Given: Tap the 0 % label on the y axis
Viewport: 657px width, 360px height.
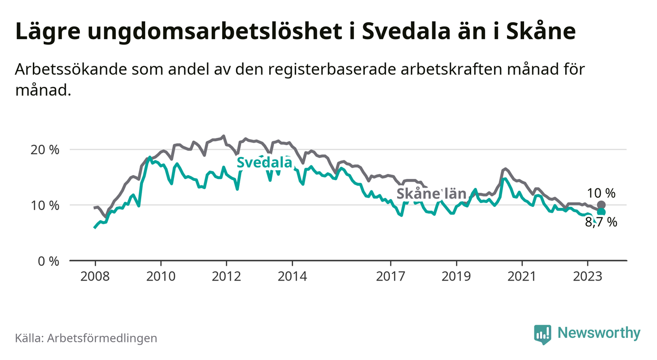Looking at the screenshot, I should tap(50, 261).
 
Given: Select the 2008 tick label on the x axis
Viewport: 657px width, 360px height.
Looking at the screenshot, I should tap(95, 276).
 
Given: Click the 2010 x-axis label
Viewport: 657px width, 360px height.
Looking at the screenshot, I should tap(161, 276).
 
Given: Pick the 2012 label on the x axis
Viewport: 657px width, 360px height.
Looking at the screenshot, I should tap(226, 276).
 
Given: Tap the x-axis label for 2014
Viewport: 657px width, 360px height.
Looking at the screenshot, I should tap(292, 276).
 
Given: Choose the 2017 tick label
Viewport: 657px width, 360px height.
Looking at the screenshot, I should tap(390, 276).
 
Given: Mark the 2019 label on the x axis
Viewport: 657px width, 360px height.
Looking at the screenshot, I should tap(456, 276).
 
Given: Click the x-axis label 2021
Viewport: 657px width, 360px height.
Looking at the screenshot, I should tap(521, 276).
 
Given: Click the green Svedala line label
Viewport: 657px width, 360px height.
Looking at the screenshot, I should tap(264, 163).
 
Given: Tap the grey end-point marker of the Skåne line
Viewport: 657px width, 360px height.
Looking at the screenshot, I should tap(601, 205).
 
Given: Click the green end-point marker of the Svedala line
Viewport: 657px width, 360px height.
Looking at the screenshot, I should tap(601, 212).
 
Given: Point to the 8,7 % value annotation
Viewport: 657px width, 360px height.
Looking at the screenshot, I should tap(601, 223).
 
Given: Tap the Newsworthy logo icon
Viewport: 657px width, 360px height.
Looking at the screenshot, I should tap(542, 334).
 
